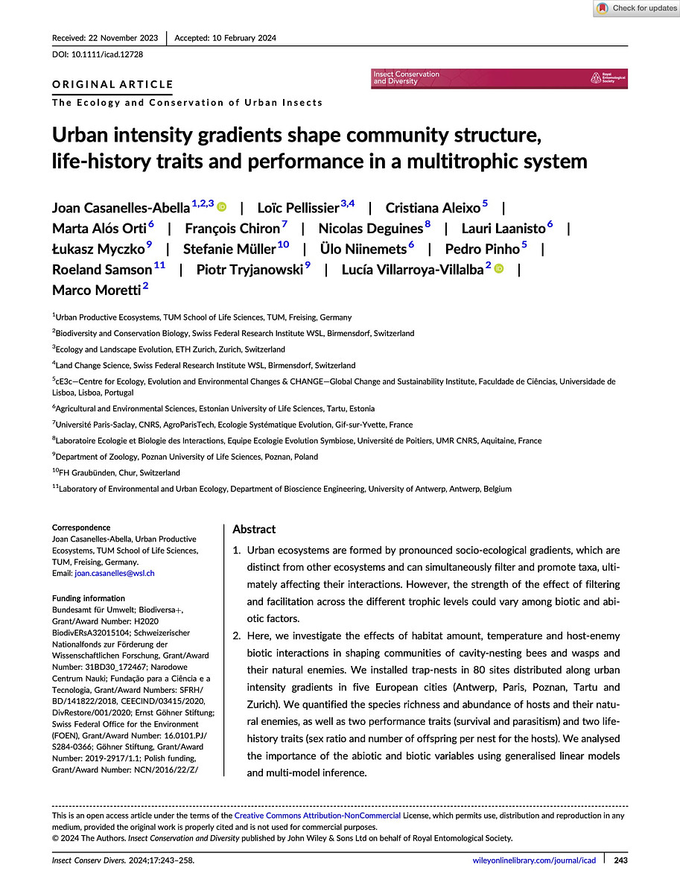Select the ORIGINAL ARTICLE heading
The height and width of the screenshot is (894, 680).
pos(112,84)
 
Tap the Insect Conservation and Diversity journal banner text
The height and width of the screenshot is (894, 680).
pos(406,77)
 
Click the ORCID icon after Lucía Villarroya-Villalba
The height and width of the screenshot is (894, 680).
pos(498,269)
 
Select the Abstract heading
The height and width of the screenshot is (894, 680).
pos(254,529)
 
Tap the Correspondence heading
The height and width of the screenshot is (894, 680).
pos(81,527)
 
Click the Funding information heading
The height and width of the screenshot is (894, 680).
pos(89,598)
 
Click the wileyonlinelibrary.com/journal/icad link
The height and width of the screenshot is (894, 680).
pos(535,860)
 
